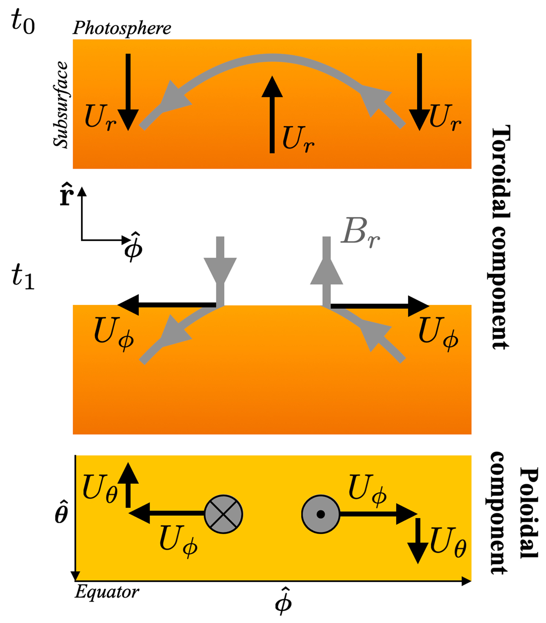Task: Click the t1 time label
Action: tap(23, 278)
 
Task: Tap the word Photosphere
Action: tap(122, 28)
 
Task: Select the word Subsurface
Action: tap(61, 105)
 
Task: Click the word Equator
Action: tap(107, 592)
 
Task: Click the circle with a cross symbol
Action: tap(223, 514)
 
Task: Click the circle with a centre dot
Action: tap(321, 514)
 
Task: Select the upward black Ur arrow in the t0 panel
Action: tap(272, 114)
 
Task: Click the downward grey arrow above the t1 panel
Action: tap(220, 269)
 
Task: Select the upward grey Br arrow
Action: tap(326, 271)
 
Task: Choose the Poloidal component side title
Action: tap(514, 513)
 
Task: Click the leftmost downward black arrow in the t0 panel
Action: tap(128, 91)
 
